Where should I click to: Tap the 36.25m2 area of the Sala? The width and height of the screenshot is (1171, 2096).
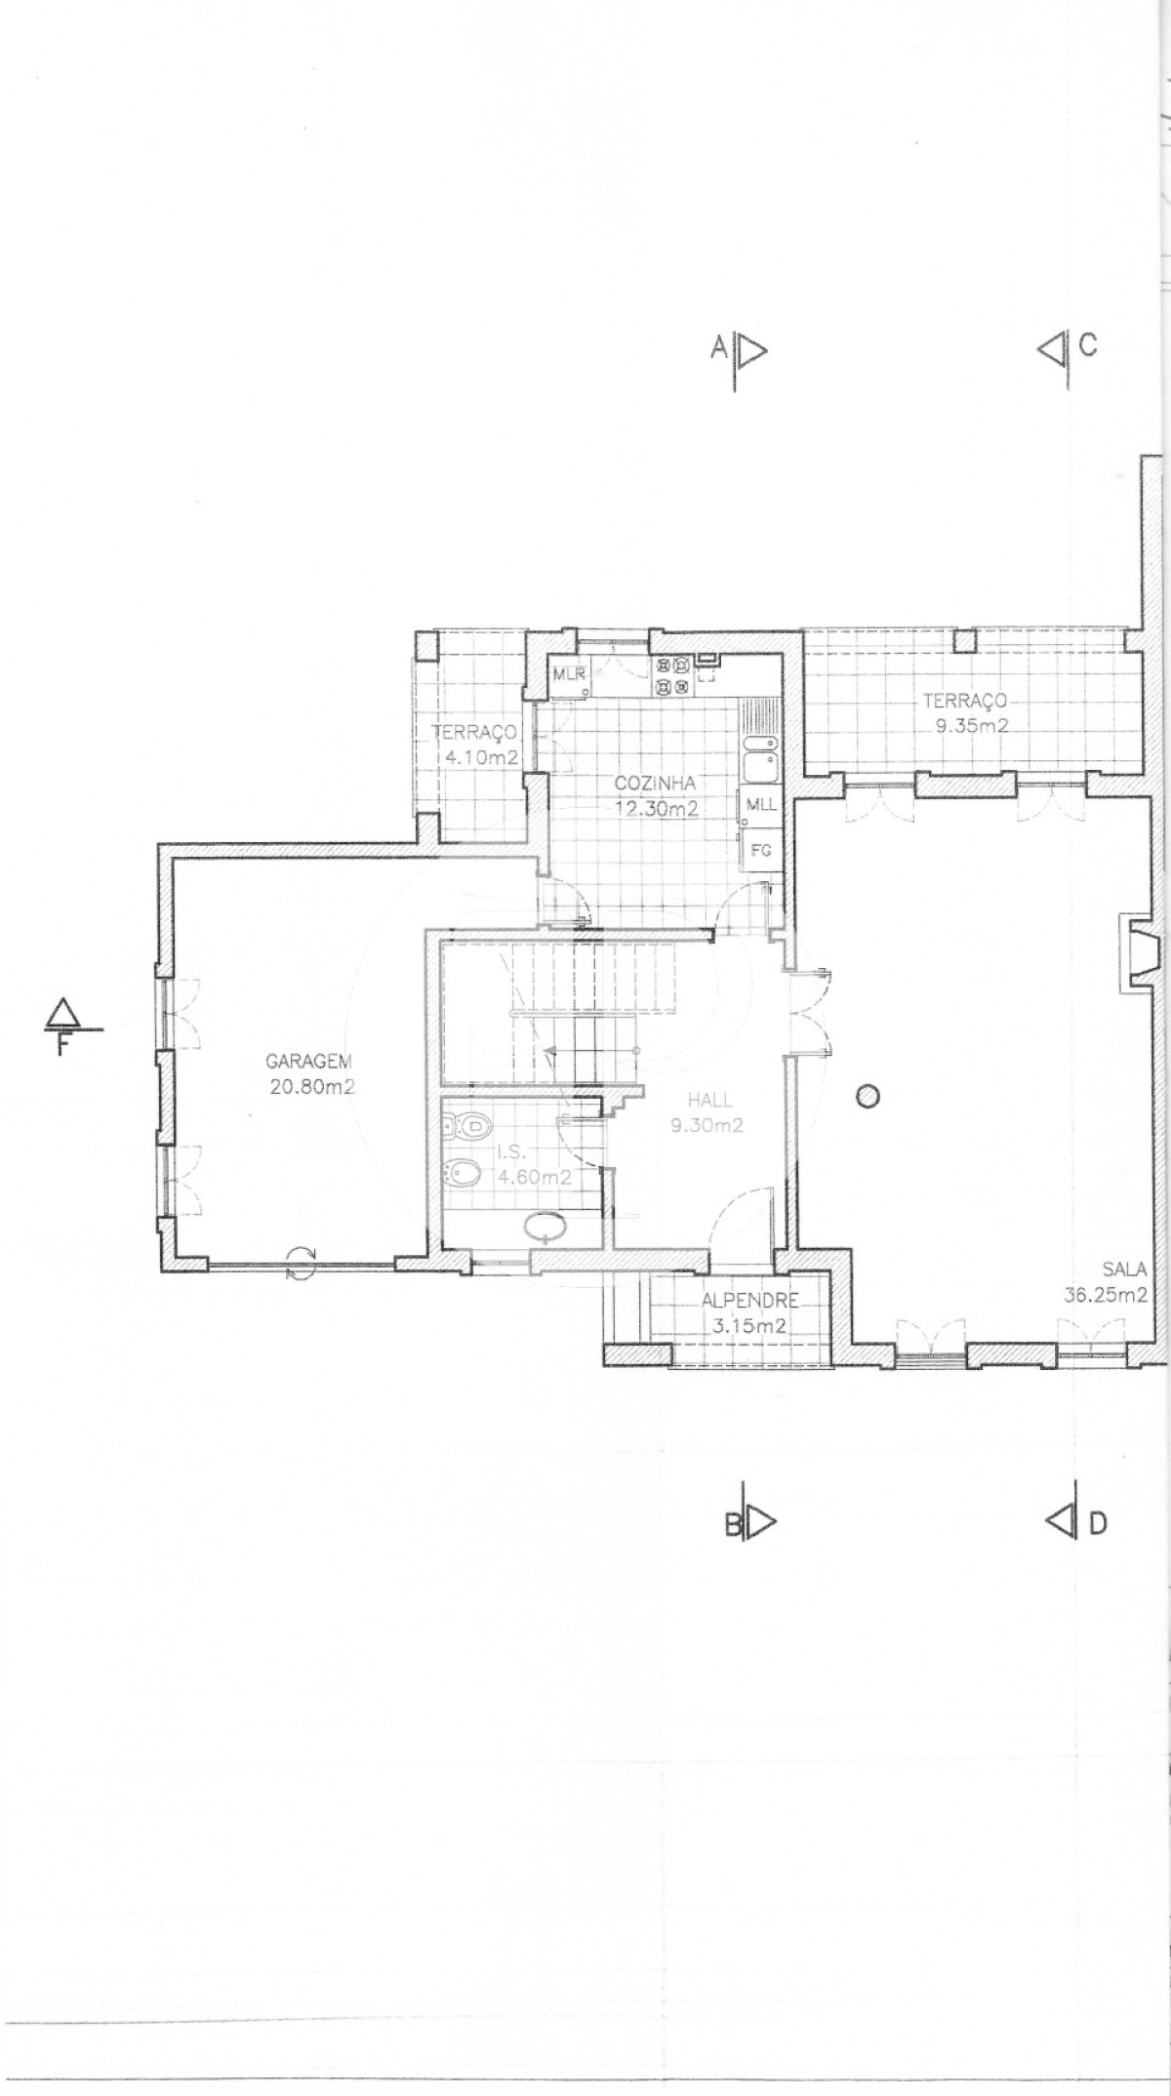(x=1106, y=1296)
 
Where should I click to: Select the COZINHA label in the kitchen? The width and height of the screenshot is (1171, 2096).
(x=655, y=783)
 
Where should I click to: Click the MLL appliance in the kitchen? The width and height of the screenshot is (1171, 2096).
(x=760, y=805)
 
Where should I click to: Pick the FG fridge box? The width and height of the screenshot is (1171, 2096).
(x=760, y=850)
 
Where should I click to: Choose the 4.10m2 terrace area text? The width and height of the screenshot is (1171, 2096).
(x=476, y=756)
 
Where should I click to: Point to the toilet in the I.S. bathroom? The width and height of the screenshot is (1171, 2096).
(x=467, y=1127)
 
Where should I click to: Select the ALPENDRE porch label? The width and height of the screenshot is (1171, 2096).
(x=750, y=1301)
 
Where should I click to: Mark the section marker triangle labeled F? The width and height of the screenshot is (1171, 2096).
(x=62, y=1013)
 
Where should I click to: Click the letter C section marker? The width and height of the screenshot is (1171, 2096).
(x=1088, y=345)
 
